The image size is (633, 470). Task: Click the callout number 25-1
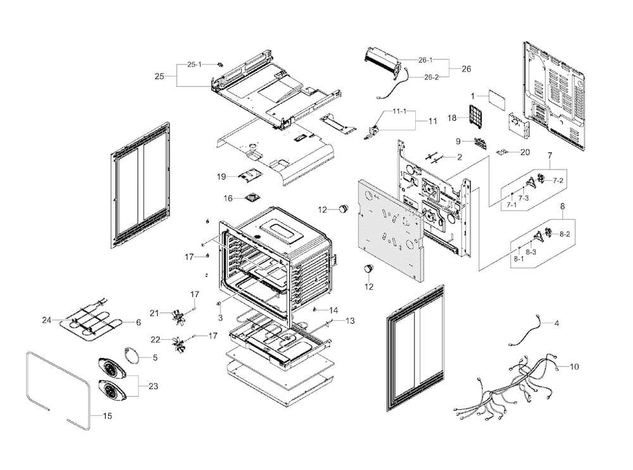coord(194,65)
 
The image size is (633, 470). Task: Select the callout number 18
coord(453,118)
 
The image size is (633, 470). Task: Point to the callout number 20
coord(525,152)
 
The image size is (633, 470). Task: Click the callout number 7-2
coord(558,181)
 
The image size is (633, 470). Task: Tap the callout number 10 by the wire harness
coord(574,366)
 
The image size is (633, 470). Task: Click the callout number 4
coord(556,323)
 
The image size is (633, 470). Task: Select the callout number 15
coord(107,416)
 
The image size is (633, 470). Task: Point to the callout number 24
coord(46,320)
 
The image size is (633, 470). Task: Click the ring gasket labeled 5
coord(132,355)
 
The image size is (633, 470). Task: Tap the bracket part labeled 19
coord(249,175)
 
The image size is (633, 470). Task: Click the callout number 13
coord(350,321)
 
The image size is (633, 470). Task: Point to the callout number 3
coord(220,316)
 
